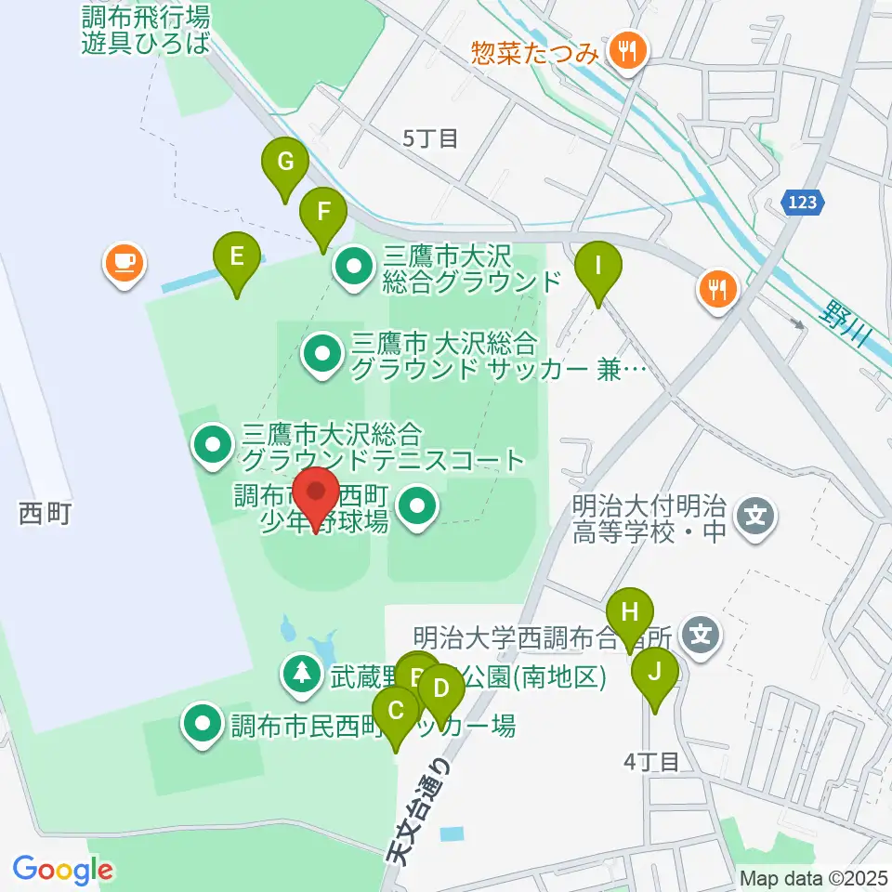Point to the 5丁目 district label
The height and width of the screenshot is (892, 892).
coord(430,139)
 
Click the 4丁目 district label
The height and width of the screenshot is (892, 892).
coord(652,762)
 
